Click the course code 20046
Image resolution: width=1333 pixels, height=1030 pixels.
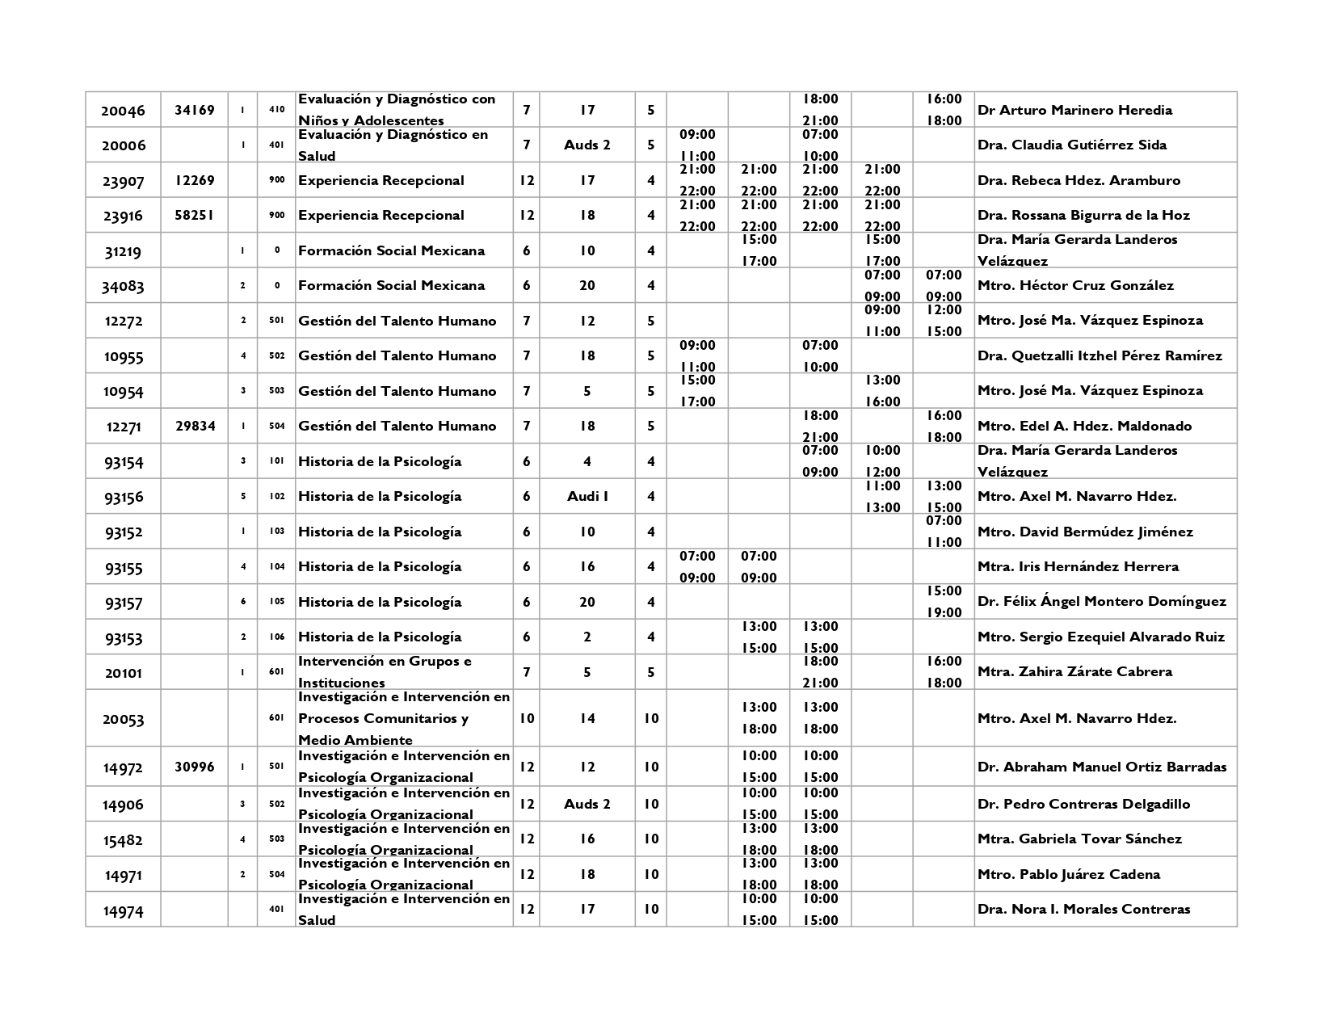tap(123, 111)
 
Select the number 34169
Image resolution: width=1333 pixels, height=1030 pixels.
tap(195, 110)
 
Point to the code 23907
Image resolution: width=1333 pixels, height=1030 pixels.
tap(123, 181)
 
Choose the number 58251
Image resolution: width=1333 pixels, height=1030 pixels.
tap(195, 215)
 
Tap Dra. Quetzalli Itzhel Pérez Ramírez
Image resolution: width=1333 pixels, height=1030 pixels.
tap(1100, 355)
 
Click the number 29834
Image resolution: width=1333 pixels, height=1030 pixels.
tap(195, 426)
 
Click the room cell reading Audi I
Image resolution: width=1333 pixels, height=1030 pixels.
tap(587, 496)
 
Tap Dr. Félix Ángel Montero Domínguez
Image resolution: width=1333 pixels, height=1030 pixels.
tap(1102, 601)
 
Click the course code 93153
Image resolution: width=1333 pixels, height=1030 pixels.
tap(123, 638)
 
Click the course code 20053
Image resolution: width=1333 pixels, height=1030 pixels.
tap(123, 719)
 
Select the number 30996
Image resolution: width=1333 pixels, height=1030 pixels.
tap(195, 767)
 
